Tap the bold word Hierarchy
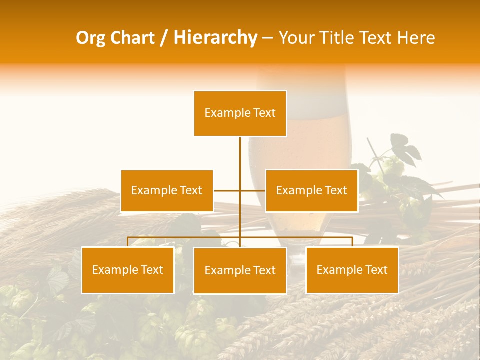(215, 38)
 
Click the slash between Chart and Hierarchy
(164, 38)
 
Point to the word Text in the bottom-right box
(376, 270)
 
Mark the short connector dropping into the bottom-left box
(128, 242)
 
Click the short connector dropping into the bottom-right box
(352, 242)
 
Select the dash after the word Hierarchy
(267, 38)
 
